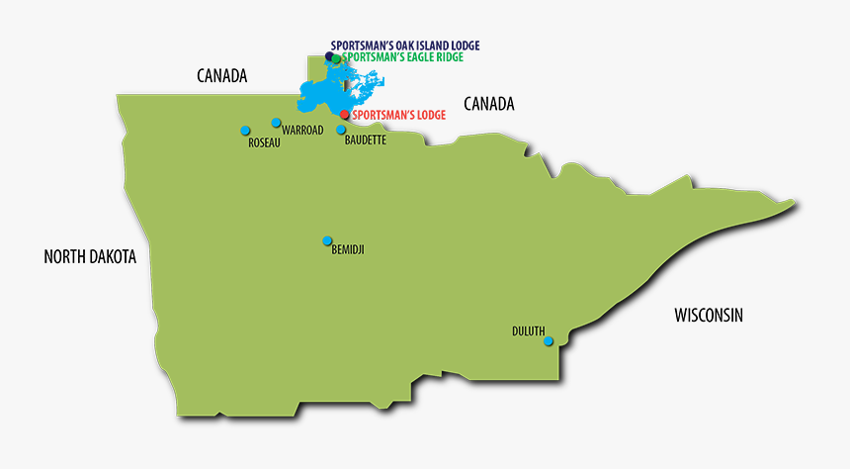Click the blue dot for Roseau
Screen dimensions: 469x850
(245, 131)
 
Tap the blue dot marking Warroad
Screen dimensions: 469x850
(277, 123)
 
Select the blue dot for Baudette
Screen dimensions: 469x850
(342, 130)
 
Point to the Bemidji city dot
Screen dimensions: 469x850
(327, 240)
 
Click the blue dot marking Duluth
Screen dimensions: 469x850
(550, 341)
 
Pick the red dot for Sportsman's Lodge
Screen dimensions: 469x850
(344, 115)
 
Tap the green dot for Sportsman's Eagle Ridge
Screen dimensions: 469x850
(337, 59)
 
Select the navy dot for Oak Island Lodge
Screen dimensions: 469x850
(330, 56)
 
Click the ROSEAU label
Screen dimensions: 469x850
(265, 143)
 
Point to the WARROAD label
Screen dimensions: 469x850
(302, 131)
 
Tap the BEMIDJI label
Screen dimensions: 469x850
(348, 250)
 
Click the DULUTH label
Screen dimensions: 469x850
(528, 330)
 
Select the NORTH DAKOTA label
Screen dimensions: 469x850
(90, 257)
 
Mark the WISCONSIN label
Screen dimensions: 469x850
(709, 316)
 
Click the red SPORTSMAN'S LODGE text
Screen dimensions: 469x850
(399, 115)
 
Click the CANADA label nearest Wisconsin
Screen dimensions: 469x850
(489, 104)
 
